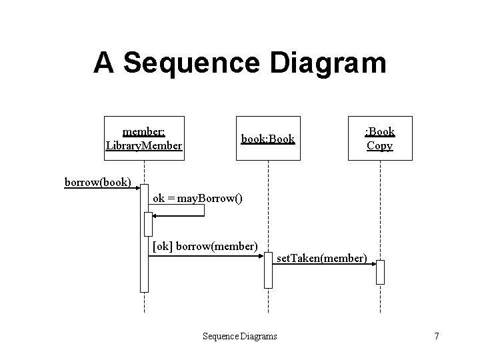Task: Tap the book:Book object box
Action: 267,139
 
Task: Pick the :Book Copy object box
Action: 379,139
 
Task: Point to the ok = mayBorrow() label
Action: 197,198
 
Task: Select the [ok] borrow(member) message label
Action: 205,246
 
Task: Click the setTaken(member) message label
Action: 321,257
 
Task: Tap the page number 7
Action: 436,336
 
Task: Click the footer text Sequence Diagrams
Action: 239,336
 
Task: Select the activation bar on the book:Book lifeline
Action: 268,270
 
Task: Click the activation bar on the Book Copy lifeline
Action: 380,272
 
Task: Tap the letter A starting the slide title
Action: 103,63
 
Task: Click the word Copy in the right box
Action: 379,145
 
